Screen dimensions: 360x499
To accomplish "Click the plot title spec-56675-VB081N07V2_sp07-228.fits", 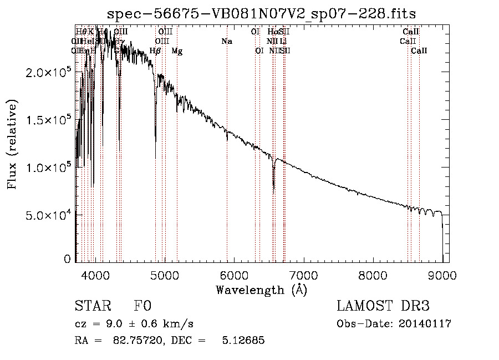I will pyautogui.click(x=261, y=13).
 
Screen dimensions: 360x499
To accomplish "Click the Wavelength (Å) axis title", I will pyautogui.click(x=261, y=290).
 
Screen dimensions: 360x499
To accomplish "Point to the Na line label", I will pyautogui.click(x=226, y=42).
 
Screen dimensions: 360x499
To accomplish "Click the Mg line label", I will pyautogui.click(x=177, y=51).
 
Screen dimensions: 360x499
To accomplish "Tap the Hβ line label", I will pyautogui.click(x=155, y=51).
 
